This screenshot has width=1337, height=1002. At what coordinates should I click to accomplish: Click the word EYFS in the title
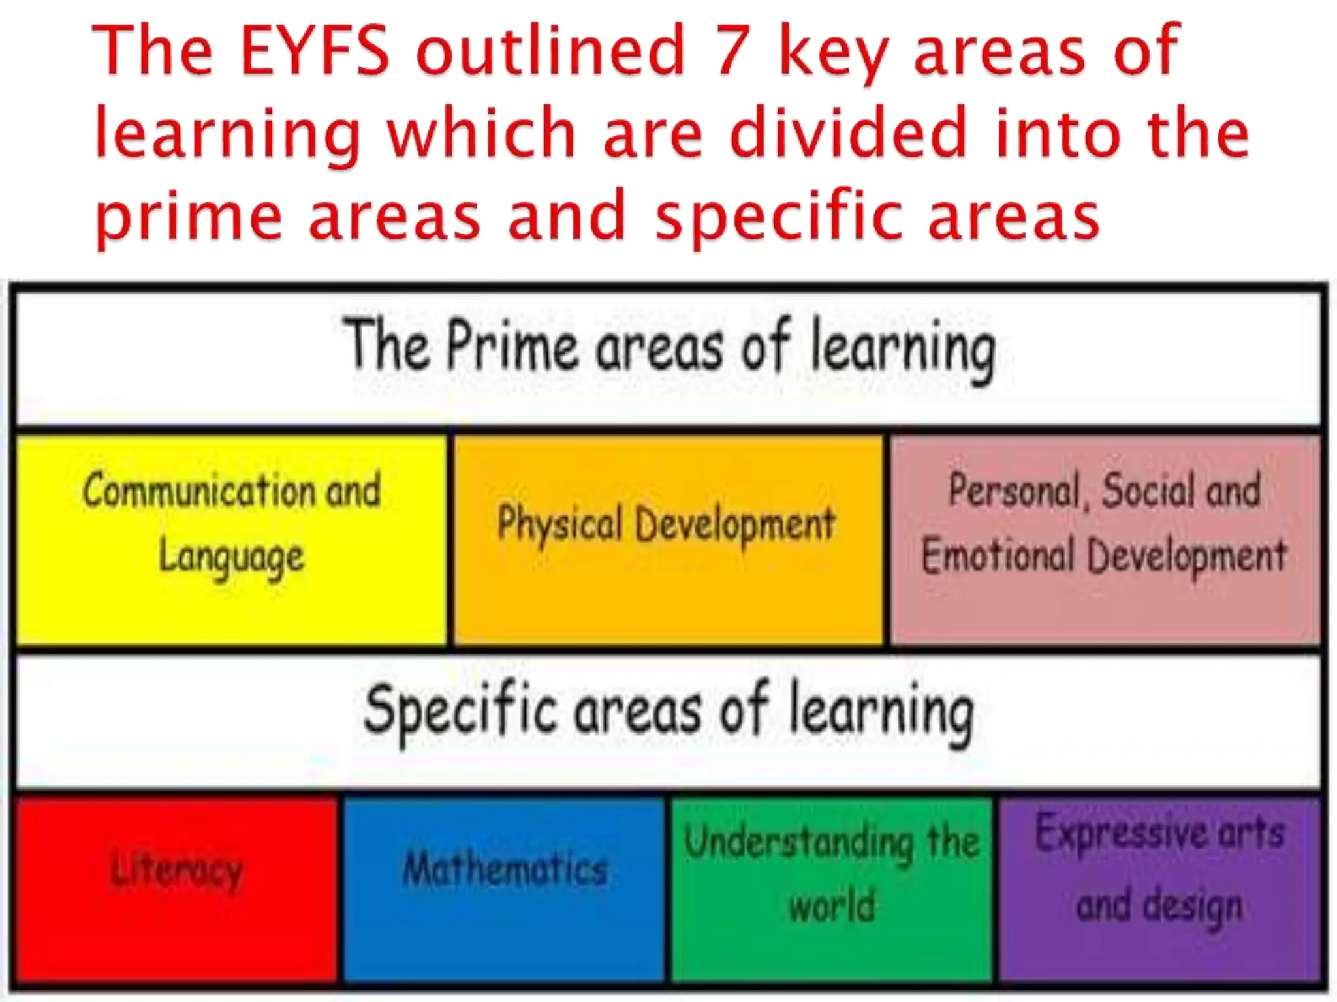(x=315, y=50)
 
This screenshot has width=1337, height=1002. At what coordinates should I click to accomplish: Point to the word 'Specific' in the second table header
(x=460, y=712)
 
